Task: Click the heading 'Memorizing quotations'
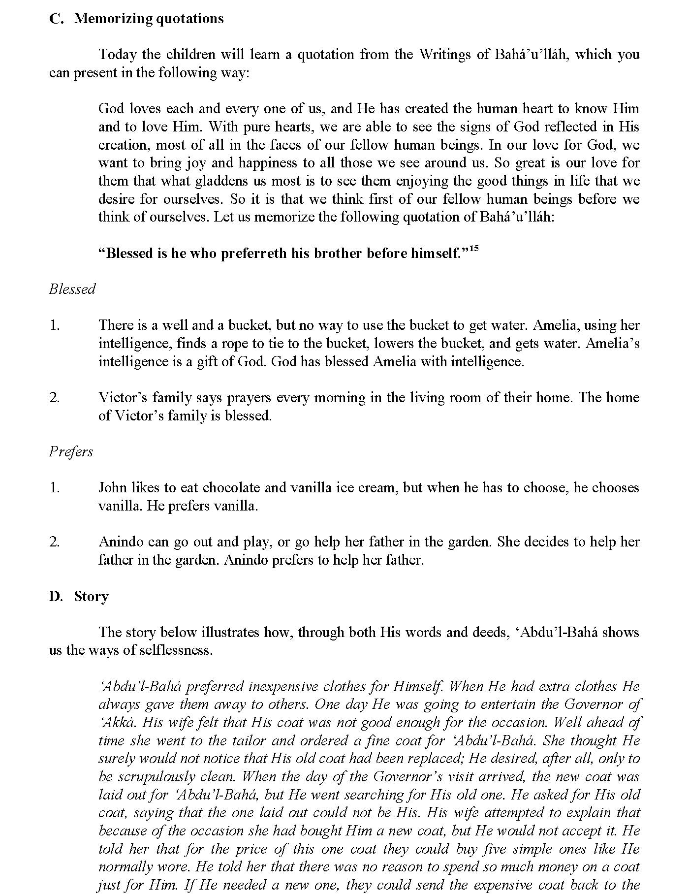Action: [x=149, y=19]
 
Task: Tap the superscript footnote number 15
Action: [x=473, y=250]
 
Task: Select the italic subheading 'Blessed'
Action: [x=72, y=289]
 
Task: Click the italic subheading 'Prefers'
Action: [x=71, y=451]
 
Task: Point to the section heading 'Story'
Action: [x=91, y=596]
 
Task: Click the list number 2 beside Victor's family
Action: [x=54, y=398]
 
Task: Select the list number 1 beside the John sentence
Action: [x=54, y=488]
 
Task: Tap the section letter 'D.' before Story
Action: [x=56, y=596]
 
